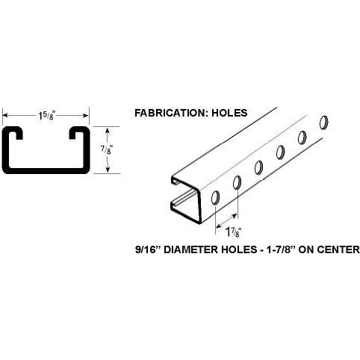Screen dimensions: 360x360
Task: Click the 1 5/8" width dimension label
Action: point(46,116)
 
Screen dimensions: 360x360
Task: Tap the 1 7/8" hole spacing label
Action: point(233,232)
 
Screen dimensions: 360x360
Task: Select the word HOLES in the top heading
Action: point(229,113)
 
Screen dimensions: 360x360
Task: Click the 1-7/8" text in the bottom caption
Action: point(279,249)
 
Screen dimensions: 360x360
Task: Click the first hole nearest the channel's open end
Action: point(215,198)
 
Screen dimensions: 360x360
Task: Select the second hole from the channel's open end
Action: point(237,182)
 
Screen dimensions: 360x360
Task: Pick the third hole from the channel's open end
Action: point(258,167)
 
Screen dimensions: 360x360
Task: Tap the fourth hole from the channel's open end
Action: point(280,152)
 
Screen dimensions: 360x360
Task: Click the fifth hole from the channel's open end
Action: point(302,137)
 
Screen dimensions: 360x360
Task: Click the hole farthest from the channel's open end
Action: point(323,122)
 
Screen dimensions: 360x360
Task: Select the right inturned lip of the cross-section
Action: point(75,132)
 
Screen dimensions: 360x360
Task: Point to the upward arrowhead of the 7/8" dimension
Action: point(108,131)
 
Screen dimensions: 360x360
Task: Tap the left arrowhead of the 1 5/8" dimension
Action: point(5,116)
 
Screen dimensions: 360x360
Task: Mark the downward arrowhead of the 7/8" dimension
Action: point(108,169)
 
